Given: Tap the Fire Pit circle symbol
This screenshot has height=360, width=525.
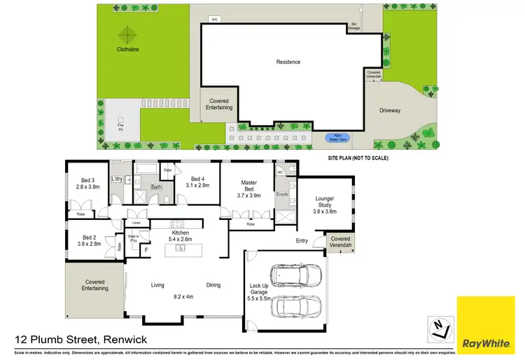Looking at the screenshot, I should [121, 119].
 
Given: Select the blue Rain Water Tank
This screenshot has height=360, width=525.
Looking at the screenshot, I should [338, 138].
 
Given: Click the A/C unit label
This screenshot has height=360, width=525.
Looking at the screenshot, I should [215, 19].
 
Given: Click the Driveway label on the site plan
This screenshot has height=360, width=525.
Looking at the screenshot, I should [391, 110].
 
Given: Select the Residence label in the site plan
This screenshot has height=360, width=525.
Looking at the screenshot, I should [288, 62].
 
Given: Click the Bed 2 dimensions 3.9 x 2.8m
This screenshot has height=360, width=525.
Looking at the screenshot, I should [89, 244].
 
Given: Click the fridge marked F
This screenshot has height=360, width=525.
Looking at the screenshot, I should [146, 249].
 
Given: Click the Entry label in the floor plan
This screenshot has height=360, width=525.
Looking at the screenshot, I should [302, 240].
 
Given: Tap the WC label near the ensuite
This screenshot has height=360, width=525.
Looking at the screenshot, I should [279, 172].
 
